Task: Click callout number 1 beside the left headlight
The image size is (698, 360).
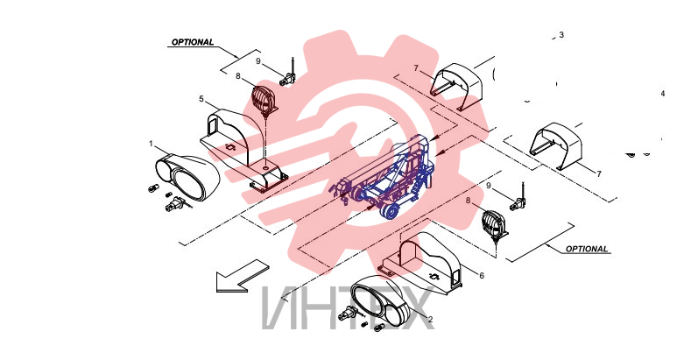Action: pyautogui.click(x=151, y=144)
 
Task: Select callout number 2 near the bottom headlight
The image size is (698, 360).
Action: pyautogui.click(x=431, y=320)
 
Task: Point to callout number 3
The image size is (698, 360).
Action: pyautogui.click(x=561, y=35)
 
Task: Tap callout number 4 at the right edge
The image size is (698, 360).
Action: pyautogui.click(x=663, y=94)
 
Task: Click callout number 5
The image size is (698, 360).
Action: pyautogui.click(x=201, y=99)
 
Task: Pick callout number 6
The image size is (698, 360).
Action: pyautogui.click(x=482, y=276)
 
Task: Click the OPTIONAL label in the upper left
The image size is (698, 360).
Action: pyautogui.click(x=193, y=42)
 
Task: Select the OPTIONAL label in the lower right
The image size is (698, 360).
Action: pyautogui.click(x=587, y=249)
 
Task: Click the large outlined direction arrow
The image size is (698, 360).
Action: pyautogui.click(x=243, y=276)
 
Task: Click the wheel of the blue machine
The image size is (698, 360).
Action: pyautogui.click(x=390, y=212)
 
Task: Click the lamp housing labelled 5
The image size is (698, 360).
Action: pyautogui.click(x=243, y=149)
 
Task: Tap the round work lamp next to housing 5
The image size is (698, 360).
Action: pyautogui.click(x=264, y=100)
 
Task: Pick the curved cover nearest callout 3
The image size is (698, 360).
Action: pyautogui.click(x=457, y=86)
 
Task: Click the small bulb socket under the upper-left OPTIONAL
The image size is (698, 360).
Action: pyautogui.click(x=287, y=79)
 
